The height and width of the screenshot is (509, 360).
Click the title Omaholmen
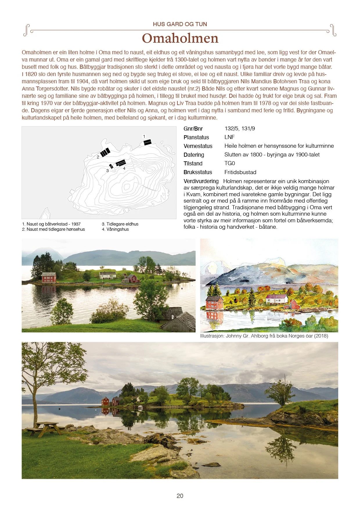(180, 39)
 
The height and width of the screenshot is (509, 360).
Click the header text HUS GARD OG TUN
(180, 24)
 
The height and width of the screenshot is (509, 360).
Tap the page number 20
(180, 496)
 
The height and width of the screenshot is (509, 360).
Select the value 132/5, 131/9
(240, 129)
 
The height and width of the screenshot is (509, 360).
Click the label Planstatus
(196, 137)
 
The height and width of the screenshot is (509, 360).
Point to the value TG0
(230, 163)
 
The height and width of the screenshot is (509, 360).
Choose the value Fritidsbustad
(240, 172)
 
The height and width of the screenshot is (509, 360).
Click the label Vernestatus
(198, 146)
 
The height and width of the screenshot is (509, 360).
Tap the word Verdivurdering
(201, 181)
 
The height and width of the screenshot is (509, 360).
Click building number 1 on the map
(148, 142)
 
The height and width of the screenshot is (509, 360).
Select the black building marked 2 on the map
(105, 152)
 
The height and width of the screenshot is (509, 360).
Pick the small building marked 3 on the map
(111, 166)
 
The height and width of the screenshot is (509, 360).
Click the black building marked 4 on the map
(121, 163)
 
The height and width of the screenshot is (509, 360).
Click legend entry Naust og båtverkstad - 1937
(51, 224)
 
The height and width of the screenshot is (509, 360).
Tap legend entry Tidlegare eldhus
(120, 224)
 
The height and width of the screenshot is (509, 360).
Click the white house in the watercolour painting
(277, 299)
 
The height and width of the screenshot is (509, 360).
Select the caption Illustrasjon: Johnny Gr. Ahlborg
(264, 336)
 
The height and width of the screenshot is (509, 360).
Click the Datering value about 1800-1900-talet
(272, 155)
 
